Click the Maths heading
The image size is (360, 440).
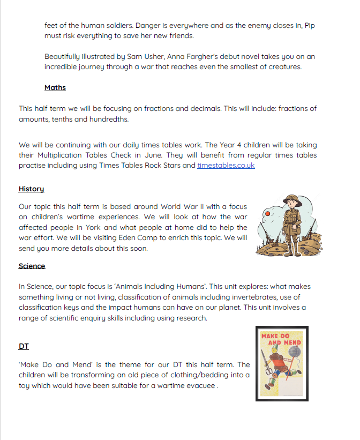55,87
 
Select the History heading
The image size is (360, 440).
31,189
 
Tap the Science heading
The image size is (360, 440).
32,266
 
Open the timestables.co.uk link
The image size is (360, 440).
226,165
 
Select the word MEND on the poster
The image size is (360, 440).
292,342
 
